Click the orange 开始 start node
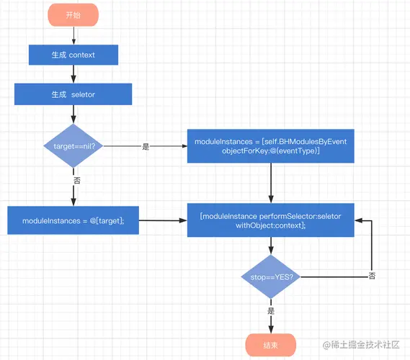73,15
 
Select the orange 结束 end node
271,345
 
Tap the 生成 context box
73,55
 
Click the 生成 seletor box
73,94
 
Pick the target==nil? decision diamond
73,145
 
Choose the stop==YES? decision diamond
271,276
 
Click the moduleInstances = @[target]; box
73,220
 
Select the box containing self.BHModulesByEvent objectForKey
271,146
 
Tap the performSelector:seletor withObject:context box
271,220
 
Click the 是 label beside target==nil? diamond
146,146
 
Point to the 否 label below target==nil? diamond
76,180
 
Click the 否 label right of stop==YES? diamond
372,276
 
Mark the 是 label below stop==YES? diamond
271,310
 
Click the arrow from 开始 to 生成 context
73,35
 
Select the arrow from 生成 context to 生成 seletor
73,74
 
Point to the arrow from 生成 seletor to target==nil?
73,114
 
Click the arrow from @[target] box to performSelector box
163,220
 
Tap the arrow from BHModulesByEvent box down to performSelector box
271,183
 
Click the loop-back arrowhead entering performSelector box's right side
358,220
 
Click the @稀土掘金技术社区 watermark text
361,345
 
